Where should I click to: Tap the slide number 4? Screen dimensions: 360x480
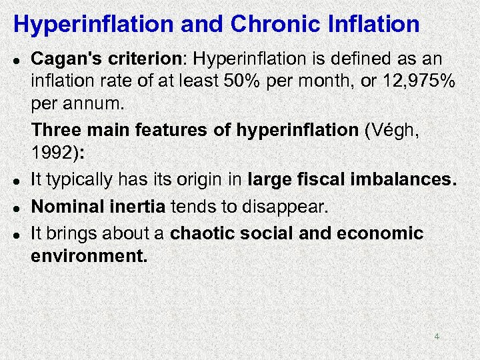[x=437, y=337]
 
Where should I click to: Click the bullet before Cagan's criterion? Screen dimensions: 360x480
[x=17, y=59]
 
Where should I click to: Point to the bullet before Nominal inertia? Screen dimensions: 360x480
[x=17, y=207]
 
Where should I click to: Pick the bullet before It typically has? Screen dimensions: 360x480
[x=17, y=181]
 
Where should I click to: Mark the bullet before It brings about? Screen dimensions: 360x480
[x=17, y=233]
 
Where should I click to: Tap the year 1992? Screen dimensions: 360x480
[x=53, y=153]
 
